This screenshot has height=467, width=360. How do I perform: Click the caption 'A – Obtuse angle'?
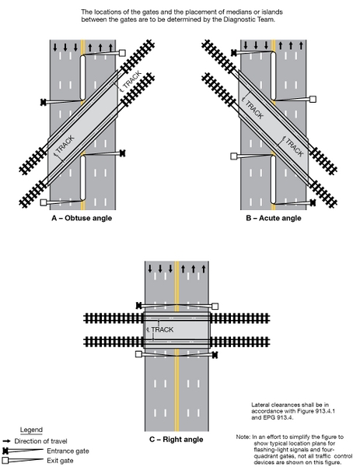coord(81,218)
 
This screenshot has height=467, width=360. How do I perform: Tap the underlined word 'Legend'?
coord(31,430)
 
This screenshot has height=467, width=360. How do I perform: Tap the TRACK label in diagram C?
coord(163,330)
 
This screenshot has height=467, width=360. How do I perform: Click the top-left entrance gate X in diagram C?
coord(138,304)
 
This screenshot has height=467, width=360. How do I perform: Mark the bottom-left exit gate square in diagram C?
coord(138,353)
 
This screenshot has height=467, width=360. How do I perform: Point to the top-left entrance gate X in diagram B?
coord(234,53)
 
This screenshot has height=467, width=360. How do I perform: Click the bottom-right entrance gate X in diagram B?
coord(313,202)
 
